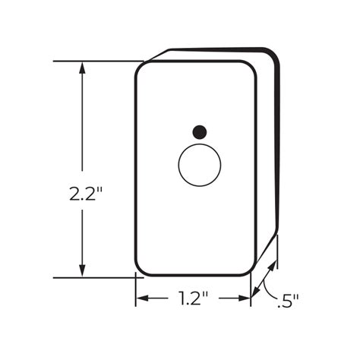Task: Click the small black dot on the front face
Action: point(200,131)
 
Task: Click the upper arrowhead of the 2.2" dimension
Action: point(81,67)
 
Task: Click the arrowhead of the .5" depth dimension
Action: point(261,288)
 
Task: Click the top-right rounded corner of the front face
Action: point(251,67)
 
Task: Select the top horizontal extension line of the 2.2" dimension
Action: point(99,61)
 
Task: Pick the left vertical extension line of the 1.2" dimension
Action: point(136,292)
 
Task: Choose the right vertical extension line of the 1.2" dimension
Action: point(251,292)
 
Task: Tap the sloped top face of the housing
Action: point(213,55)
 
